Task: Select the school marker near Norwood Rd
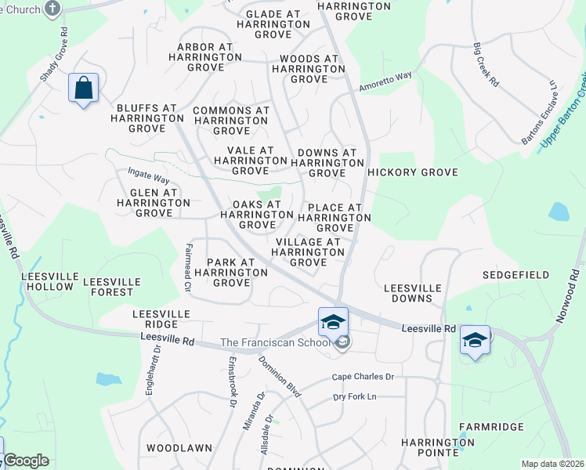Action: coord(475,340)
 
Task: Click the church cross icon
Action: coord(52,9)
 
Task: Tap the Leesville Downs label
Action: coord(408,293)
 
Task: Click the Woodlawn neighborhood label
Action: coord(179,448)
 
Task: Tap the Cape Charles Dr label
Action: coord(362,377)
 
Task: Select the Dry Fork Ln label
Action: coord(355,397)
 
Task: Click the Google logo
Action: coord(25,461)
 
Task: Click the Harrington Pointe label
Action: coord(438,447)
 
